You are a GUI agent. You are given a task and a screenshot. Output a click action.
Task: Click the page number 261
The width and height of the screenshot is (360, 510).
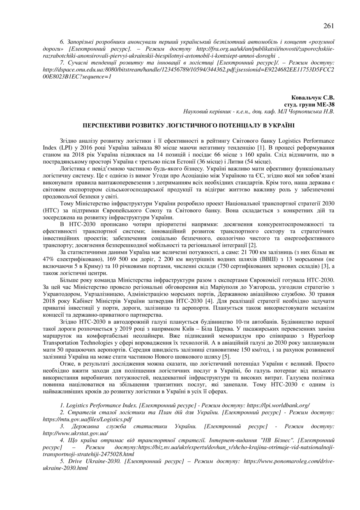coord(328,26)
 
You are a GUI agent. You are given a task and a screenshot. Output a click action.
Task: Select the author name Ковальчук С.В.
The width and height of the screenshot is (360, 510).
coord(313,98)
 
